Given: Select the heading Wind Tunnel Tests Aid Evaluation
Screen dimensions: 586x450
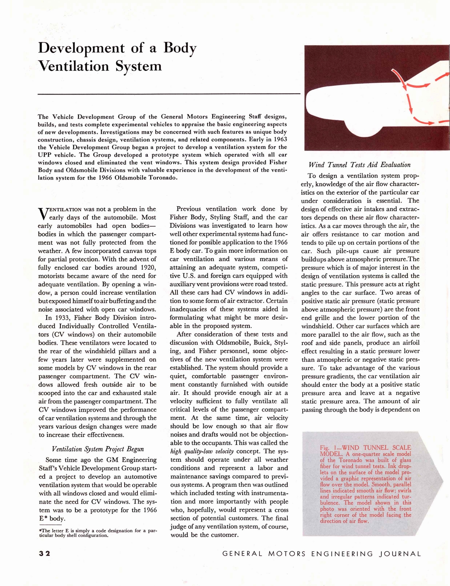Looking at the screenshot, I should (x=359, y=165).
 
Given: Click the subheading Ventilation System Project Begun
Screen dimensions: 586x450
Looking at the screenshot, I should (x=98, y=449).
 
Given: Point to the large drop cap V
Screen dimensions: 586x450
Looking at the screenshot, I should (x=43, y=214).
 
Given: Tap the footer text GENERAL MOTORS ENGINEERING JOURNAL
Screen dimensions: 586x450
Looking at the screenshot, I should (x=322, y=554).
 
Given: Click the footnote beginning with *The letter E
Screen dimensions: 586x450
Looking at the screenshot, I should (x=97, y=533).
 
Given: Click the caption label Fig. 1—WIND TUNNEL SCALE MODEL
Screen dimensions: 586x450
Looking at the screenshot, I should (x=365, y=450).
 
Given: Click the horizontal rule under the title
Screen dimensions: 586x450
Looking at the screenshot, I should (x=169, y=94).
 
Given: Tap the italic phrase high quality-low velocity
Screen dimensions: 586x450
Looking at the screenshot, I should (x=202, y=452).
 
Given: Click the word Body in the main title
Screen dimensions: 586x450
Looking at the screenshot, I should (x=180, y=48).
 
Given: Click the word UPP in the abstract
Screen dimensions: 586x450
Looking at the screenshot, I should (x=45, y=155).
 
